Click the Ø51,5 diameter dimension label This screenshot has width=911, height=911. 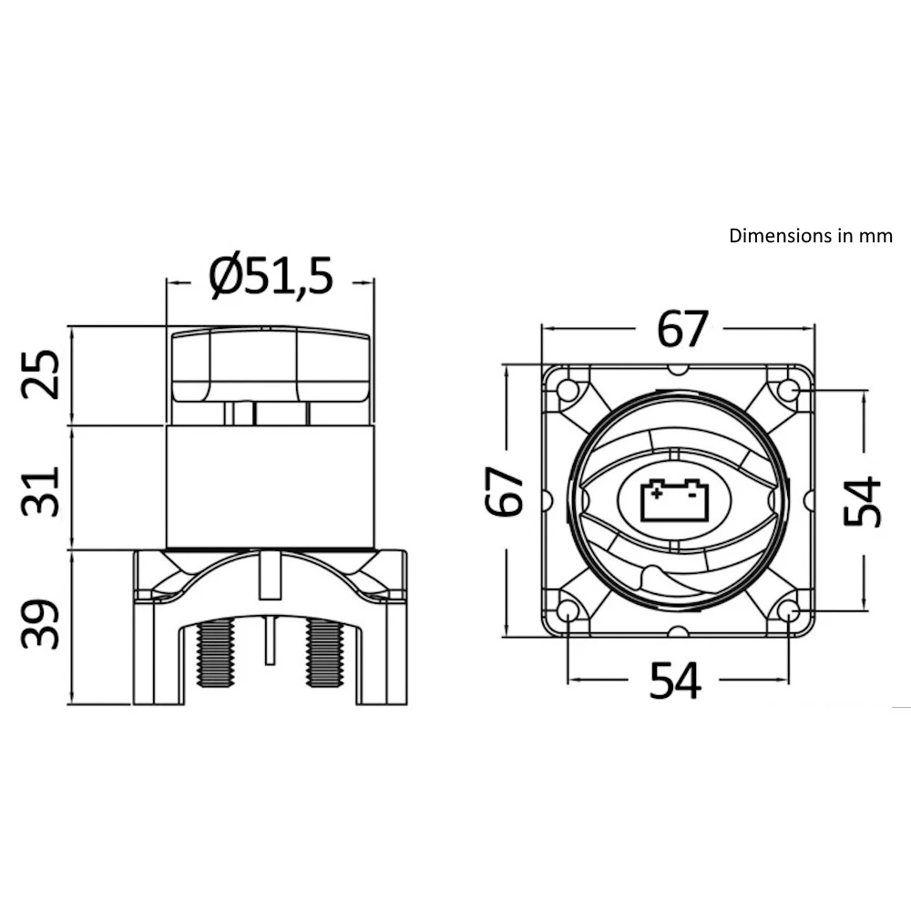click(x=271, y=277)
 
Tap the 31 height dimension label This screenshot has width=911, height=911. click(x=42, y=490)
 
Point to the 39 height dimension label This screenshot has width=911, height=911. click(x=42, y=625)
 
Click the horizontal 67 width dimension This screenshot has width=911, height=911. click(x=682, y=330)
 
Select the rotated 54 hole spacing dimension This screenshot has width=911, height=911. click(x=862, y=500)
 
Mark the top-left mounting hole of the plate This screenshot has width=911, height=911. click(x=568, y=391)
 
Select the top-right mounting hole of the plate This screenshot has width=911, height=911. click(x=788, y=391)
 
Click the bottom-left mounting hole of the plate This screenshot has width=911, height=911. click(x=568, y=610)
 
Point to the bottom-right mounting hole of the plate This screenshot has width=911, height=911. click(x=788, y=610)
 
